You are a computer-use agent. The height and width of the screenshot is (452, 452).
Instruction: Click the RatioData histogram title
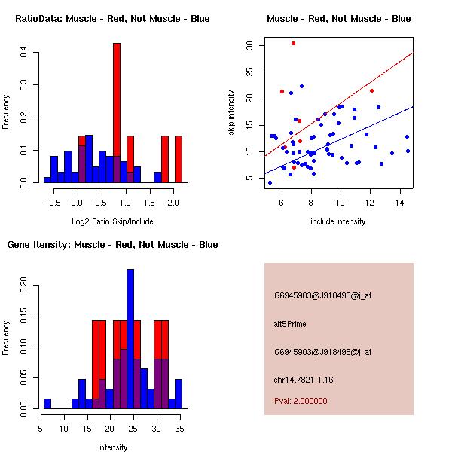coord(112,18)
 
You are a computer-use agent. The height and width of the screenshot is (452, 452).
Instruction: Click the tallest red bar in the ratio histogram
coord(117,113)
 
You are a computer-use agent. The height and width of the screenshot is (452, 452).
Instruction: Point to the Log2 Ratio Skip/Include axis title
coord(112,221)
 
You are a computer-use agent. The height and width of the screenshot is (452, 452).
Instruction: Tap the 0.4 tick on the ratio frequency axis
coord(24,52)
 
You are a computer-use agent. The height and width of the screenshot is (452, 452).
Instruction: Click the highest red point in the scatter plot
coord(293,43)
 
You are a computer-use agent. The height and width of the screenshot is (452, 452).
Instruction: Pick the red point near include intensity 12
coord(371,90)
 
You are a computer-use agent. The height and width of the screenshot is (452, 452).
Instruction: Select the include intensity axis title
coord(338,221)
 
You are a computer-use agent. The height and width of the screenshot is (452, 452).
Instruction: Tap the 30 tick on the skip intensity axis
coord(250,45)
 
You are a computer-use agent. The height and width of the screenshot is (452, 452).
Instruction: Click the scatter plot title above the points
coord(338,18)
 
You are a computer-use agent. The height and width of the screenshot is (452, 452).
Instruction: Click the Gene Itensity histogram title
coord(112,245)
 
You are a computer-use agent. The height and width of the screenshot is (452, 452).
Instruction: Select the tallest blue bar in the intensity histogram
coord(130,339)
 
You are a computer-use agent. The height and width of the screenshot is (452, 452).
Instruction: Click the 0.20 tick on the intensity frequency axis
coord(24,287)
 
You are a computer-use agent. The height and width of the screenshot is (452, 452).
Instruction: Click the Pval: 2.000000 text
coord(304,401)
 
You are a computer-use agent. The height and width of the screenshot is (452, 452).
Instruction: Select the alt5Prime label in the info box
coord(290,324)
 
